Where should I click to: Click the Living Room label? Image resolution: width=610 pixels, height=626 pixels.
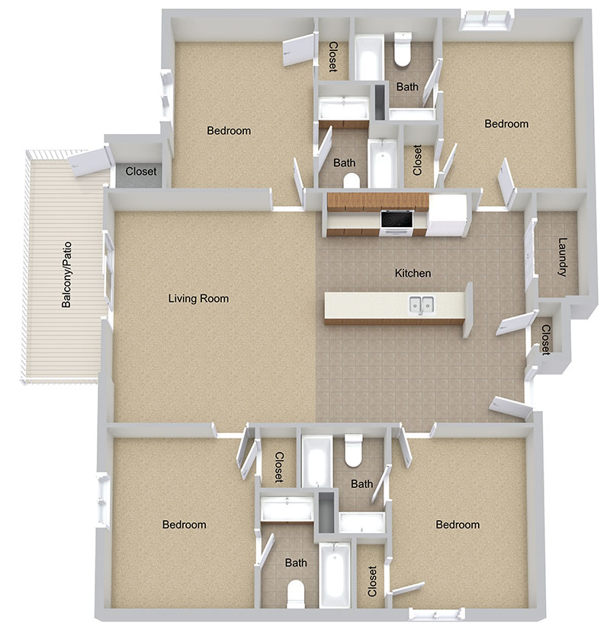[x=198, y=298]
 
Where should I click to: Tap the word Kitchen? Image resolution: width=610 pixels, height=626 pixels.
[x=413, y=273]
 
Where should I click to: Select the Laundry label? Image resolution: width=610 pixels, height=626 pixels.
[x=563, y=257]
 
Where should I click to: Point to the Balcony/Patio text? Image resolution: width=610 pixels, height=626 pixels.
[x=66, y=274]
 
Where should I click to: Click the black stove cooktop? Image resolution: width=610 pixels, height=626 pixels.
[x=396, y=219]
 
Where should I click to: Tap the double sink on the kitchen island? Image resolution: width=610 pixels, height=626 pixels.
[x=422, y=305]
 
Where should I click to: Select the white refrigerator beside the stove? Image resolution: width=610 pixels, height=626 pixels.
[x=447, y=216]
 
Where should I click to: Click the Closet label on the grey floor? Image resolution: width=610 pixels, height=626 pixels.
[x=141, y=172]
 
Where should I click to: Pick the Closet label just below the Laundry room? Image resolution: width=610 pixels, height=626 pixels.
[x=546, y=339]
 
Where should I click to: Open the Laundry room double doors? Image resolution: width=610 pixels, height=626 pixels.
[x=530, y=254]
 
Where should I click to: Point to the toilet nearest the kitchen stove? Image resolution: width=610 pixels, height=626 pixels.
[x=352, y=181]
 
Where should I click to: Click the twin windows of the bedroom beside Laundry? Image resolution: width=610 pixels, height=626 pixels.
[x=486, y=21]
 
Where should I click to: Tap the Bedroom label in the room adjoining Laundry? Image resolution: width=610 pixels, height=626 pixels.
[x=506, y=124]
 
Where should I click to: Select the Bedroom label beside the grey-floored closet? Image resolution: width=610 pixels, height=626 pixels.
[x=229, y=130]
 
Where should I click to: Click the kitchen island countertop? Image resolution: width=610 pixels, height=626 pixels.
[x=394, y=305]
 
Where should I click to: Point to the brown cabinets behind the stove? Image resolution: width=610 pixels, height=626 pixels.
[x=377, y=202]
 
